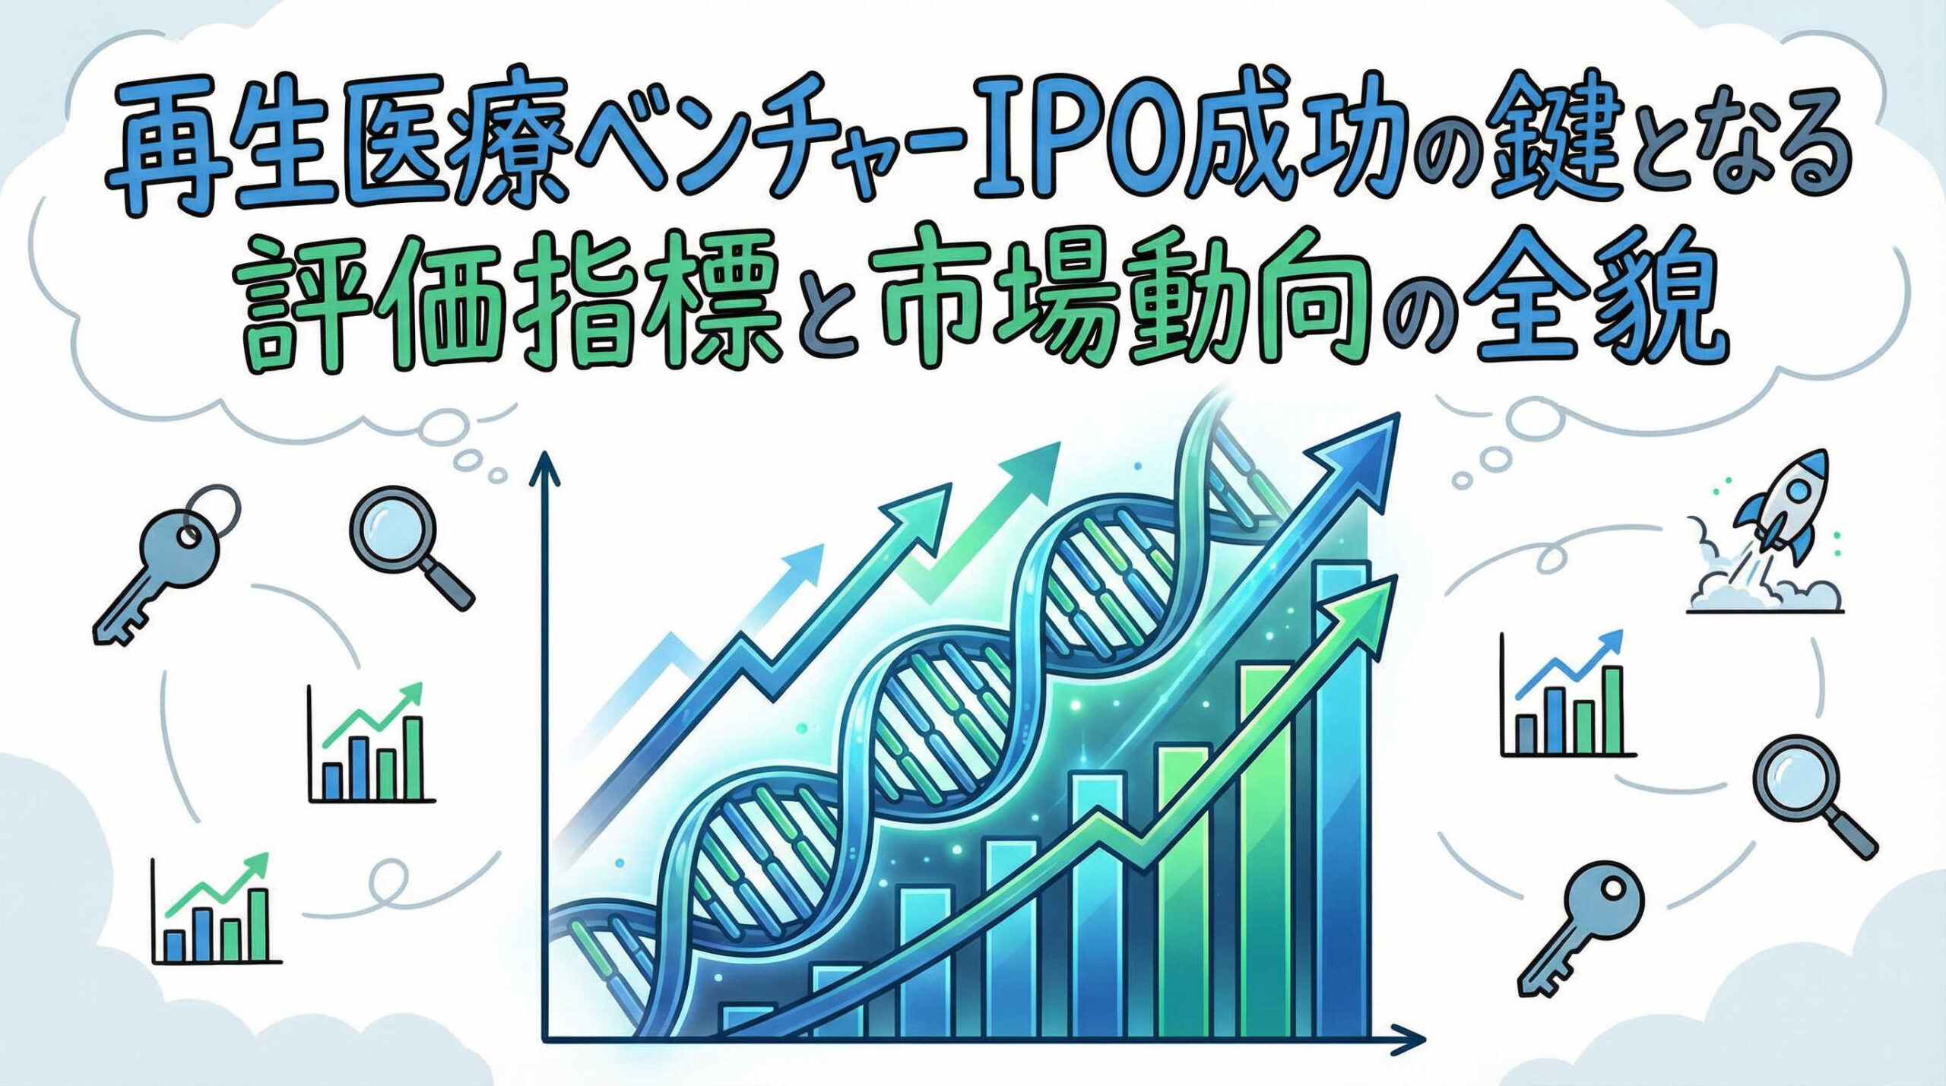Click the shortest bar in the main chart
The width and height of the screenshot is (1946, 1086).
point(749,1021)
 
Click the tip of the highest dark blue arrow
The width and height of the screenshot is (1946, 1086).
point(1399,414)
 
